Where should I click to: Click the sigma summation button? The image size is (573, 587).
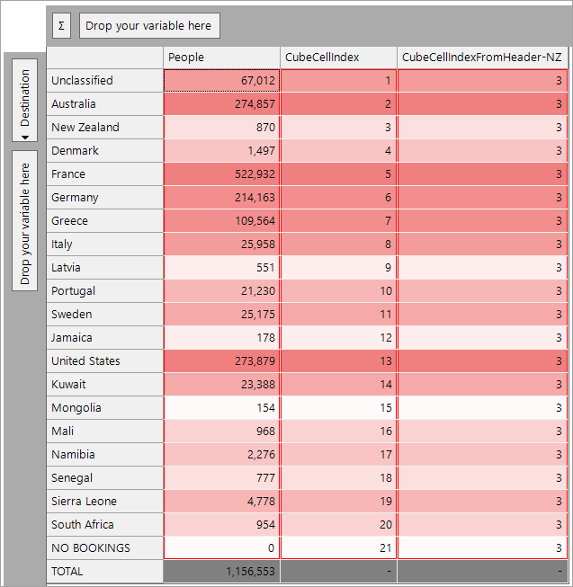click(x=61, y=26)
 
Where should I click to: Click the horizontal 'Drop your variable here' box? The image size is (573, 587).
click(x=149, y=26)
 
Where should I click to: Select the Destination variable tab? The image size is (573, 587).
click(x=24, y=100)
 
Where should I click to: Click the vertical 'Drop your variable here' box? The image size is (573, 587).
click(x=24, y=220)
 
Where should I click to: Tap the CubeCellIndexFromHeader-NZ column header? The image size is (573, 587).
click(x=482, y=58)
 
